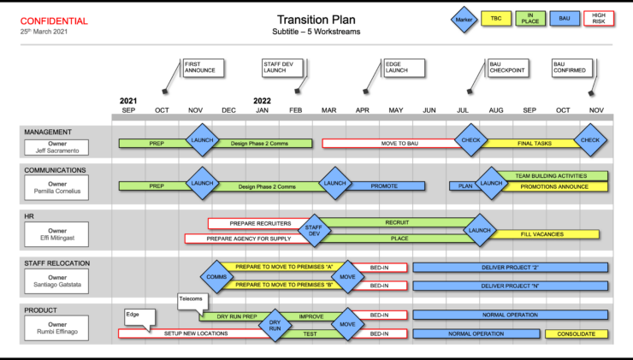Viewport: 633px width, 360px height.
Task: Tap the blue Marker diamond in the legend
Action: (463, 17)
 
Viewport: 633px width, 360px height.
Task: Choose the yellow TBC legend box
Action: (495, 17)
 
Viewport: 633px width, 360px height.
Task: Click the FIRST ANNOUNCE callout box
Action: (204, 68)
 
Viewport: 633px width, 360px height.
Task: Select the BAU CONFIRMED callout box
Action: (571, 68)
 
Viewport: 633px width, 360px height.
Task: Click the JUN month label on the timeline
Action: (429, 110)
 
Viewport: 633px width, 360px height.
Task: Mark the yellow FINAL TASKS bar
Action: (535, 144)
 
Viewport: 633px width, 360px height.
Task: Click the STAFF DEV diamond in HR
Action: (314, 229)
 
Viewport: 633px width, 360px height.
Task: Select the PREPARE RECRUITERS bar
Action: (259, 223)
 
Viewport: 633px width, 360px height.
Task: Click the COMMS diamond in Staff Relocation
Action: (216, 277)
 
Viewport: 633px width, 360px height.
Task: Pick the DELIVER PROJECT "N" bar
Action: (511, 286)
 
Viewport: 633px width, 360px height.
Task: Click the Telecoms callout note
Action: (190, 300)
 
